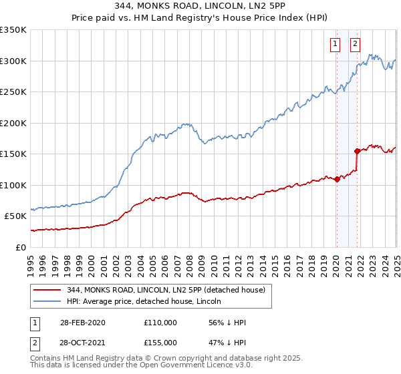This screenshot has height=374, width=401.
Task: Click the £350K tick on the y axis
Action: [13, 30]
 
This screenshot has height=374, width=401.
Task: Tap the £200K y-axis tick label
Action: [13, 124]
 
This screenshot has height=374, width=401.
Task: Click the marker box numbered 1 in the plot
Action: [334, 45]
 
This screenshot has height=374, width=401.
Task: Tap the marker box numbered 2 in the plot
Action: [355, 45]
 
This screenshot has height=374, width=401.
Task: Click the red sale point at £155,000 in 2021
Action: [358, 151]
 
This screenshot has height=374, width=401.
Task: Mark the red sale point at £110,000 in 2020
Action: [338, 179]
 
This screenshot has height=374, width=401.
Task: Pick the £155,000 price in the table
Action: [160, 342]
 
